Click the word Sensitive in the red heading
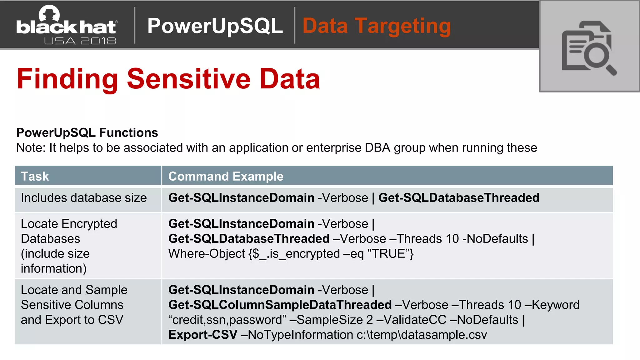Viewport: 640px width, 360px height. point(188,79)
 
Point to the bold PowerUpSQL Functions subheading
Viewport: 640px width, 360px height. point(87,132)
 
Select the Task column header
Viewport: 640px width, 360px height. point(35,176)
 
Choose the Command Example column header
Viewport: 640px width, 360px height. point(226,176)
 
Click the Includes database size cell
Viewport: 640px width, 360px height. point(84,198)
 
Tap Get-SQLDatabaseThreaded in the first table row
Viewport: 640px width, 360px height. point(459,198)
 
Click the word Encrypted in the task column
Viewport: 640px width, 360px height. point(89,224)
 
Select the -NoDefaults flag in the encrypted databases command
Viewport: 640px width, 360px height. point(495,239)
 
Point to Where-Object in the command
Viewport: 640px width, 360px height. point(207,254)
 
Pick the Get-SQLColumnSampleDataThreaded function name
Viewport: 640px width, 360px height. point(280,305)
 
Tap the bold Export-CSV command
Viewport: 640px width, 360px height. point(203,335)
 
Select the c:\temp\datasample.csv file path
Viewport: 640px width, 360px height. point(422,335)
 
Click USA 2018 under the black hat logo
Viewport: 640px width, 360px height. point(80,41)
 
